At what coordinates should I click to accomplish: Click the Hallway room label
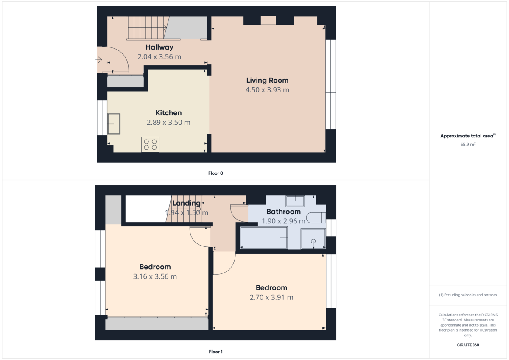pos(159,47)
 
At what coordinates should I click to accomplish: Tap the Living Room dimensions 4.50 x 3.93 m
pos(267,90)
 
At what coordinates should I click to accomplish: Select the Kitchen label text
pos(168,113)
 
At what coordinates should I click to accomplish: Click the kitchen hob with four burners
pos(150,144)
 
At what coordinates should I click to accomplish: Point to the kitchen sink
pos(114,124)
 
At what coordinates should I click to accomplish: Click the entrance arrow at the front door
pos(99,60)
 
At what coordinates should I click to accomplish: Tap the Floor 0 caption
pos(215,173)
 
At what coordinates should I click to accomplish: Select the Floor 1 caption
pos(215,352)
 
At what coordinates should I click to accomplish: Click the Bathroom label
pos(283,212)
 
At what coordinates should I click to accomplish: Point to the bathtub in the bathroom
pos(264,238)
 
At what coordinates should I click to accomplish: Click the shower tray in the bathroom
pos(313,238)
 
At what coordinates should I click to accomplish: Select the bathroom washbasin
pos(295,201)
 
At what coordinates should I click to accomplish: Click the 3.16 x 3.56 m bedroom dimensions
pos(155,276)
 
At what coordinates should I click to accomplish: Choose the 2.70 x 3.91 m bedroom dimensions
pos(271,297)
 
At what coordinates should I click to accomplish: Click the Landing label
pos(186,204)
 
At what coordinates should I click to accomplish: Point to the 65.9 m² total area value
pos(467,145)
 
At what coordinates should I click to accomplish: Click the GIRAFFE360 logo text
pos(467,345)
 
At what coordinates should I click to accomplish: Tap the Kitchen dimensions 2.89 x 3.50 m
pos(168,123)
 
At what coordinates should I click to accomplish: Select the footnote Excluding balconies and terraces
pos(467,295)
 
